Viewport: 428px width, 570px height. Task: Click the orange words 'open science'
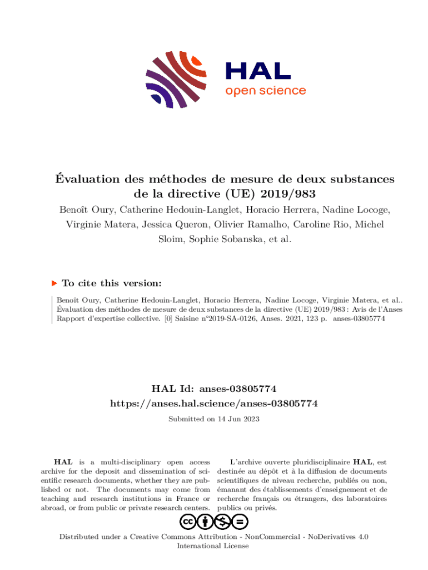pos(265,90)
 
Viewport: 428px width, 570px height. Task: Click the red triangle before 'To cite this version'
pos(54,283)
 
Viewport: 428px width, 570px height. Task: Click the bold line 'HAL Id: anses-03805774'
pos(214,389)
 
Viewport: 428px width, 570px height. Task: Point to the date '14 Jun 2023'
pos(236,419)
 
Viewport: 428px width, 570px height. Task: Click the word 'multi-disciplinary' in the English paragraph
pos(126,462)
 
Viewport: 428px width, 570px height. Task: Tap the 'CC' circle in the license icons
pos(187,522)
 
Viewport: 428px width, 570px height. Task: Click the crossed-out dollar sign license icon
pos(223,522)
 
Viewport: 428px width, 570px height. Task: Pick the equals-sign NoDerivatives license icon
pos(240,522)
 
